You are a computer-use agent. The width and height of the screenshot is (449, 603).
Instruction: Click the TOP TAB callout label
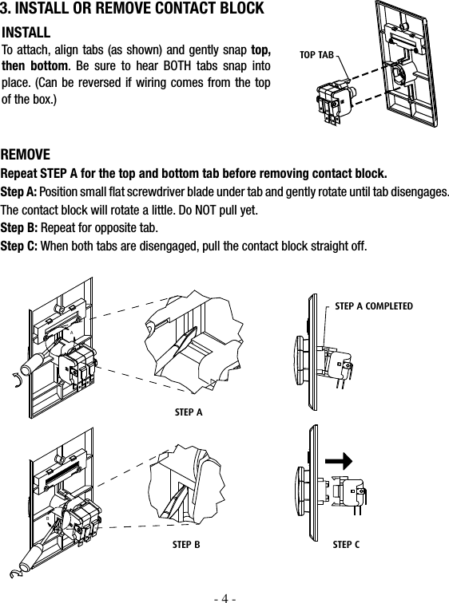coord(316,54)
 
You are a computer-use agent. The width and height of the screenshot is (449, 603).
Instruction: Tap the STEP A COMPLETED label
coord(374,306)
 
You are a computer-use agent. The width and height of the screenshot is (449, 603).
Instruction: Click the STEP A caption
coord(189,412)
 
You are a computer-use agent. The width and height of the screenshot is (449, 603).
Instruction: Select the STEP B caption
coord(186,545)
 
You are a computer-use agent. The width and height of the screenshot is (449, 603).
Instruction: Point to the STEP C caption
coord(346,545)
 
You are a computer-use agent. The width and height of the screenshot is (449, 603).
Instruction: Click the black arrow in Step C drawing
coord(339,461)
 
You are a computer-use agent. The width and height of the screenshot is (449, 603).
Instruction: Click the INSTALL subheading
coord(26,33)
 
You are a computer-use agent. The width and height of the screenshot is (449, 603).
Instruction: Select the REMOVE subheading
coord(26,155)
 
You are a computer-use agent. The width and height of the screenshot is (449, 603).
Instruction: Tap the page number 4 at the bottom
coord(224,598)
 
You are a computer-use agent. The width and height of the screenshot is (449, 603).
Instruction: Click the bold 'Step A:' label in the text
coord(19,191)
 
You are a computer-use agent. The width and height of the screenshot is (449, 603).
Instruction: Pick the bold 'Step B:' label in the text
coord(19,227)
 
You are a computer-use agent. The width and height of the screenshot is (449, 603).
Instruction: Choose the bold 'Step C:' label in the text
coord(19,246)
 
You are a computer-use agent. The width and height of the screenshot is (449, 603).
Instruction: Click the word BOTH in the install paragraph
coord(177,66)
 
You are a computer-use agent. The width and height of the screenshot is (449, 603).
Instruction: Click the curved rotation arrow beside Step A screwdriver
coord(16,380)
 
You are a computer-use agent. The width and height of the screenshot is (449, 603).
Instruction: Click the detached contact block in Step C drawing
coord(348,493)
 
